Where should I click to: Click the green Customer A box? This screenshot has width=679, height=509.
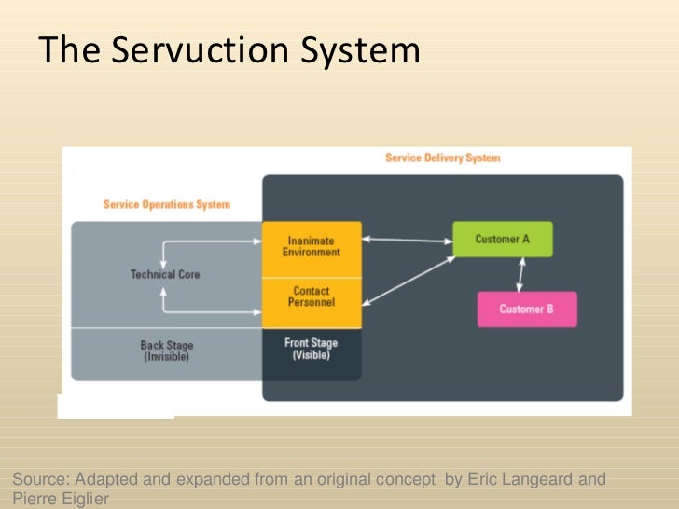502,240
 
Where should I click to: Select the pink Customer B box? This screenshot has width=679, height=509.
526,310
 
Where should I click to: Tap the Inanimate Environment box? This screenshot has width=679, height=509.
312,247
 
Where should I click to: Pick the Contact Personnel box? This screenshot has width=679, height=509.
312,298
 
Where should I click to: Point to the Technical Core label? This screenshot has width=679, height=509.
165,275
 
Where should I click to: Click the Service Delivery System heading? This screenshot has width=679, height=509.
442,158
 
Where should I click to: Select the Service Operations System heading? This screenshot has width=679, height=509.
166,204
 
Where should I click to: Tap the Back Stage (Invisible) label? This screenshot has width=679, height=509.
166,351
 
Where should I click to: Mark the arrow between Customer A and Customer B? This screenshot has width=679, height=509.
520,274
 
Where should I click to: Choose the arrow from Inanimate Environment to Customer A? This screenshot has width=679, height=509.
407,241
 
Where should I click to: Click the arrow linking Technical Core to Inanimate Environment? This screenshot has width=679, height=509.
211,241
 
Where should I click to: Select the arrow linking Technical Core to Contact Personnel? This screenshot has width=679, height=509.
211,311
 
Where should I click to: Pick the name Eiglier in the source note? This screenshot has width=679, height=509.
84,499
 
